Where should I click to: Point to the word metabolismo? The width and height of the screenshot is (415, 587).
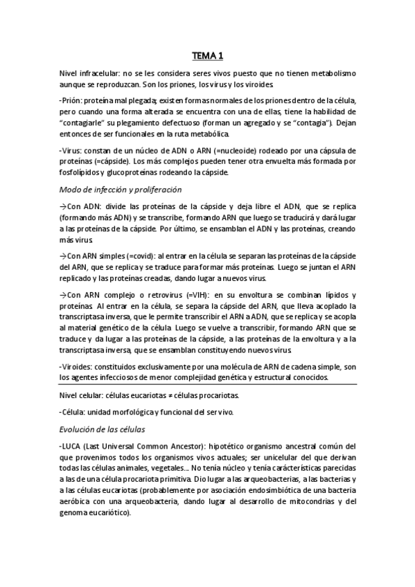click(x=329, y=73)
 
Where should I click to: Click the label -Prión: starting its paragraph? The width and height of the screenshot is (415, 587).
click(x=71, y=99)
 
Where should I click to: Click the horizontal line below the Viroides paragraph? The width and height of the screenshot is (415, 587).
click(x=207, y=385)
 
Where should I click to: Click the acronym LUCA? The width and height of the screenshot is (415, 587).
click(x=73, y=446)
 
